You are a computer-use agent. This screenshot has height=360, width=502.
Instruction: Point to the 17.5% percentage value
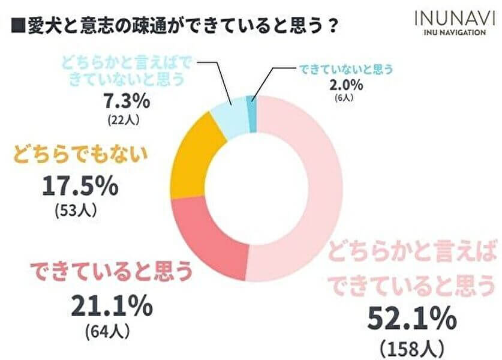(79, 188)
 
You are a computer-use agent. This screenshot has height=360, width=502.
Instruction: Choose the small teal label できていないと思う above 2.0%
(346, 69)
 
